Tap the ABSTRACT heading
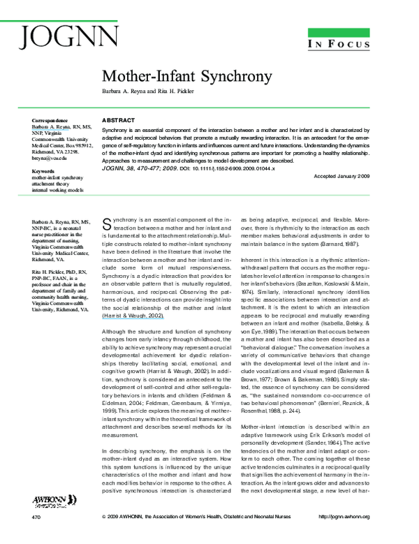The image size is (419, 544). (114, 120)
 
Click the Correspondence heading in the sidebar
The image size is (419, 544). (50, 121)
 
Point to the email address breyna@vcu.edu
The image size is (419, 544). (52, 159)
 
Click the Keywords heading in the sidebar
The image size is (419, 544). (43, 171)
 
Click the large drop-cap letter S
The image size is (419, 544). (107, 223)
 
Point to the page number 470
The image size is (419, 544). (36, 536)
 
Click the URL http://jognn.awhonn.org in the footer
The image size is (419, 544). (354, 536)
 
